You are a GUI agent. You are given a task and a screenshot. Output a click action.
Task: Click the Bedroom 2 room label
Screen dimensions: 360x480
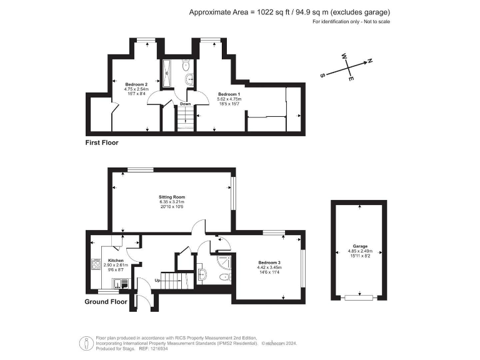tap(136, 84)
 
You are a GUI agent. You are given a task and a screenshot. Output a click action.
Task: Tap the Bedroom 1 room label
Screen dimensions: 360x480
tap(228, 94)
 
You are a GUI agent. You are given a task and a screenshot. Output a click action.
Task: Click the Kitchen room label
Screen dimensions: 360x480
tap(116, 260)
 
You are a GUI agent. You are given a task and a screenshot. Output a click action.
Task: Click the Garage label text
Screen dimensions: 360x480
tap(359, 246)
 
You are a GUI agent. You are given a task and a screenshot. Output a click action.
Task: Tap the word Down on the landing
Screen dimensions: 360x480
tap(185, 104)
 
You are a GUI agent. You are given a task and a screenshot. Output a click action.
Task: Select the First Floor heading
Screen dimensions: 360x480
tap(101, 143)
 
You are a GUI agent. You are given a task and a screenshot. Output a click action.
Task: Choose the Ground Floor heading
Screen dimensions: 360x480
tap(106, 302)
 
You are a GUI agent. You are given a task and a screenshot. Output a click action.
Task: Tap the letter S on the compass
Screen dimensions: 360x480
tap(323, 74)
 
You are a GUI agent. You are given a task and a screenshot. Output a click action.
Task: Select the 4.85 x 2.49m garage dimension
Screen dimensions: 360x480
tap(359, 251)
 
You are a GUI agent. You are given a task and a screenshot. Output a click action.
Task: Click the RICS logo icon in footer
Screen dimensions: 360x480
tap(84, 342)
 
